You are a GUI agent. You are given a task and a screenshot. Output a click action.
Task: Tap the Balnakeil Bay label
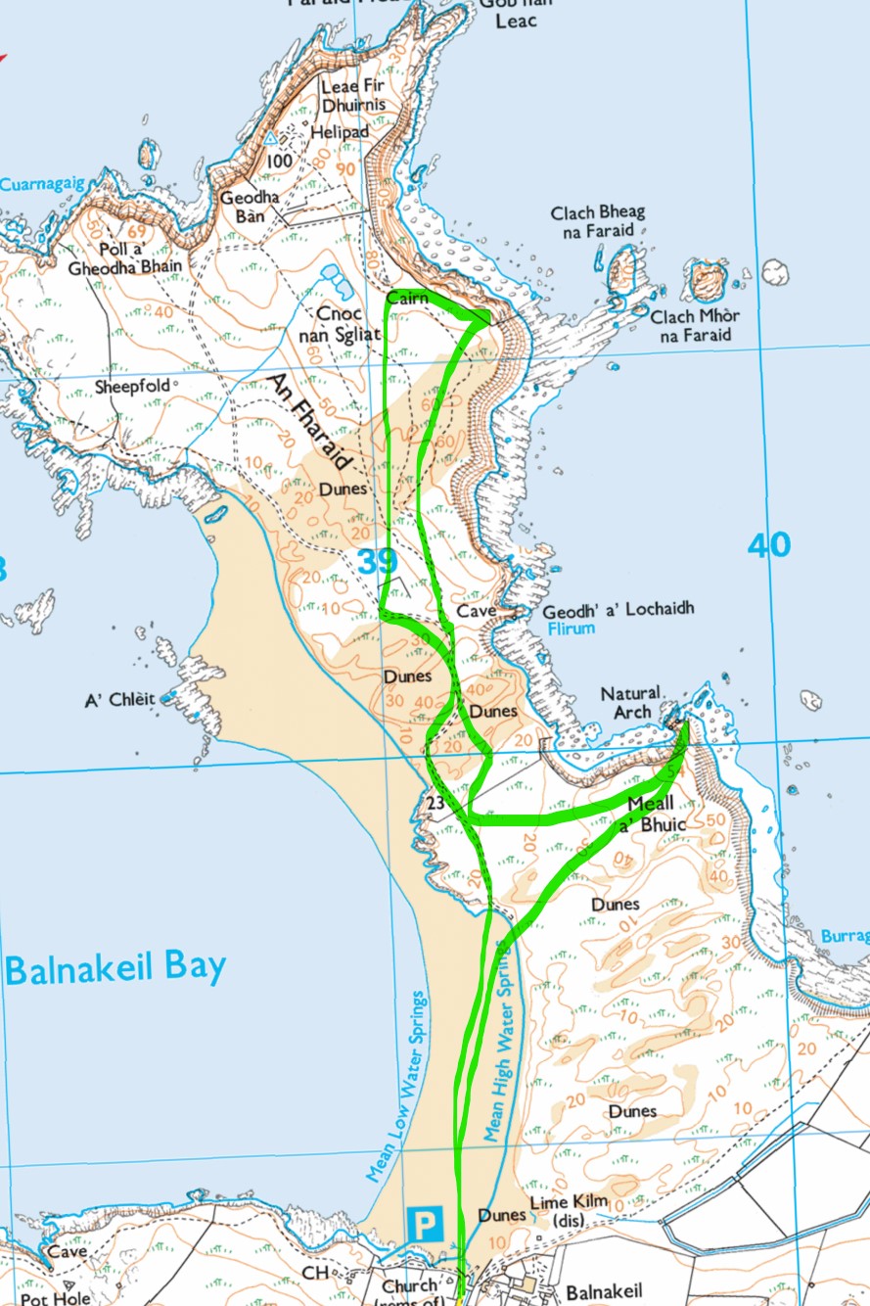(x=115, y=968)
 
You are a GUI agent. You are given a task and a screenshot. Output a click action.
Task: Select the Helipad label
(x=340, y=131)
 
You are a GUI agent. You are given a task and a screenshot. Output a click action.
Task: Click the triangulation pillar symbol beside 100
(x=271, y=140)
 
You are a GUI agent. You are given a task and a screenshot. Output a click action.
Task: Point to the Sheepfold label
(x=130, y=387)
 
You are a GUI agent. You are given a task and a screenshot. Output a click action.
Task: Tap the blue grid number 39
(x=378, y=562)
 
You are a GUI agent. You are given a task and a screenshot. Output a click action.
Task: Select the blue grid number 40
(x=768, y=545)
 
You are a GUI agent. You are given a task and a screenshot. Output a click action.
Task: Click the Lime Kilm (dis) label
(x=569, y=1211)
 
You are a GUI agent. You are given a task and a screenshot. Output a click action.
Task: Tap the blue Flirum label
(x=570, y=628)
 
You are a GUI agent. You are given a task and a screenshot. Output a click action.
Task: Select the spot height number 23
(x=436, y=803)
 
